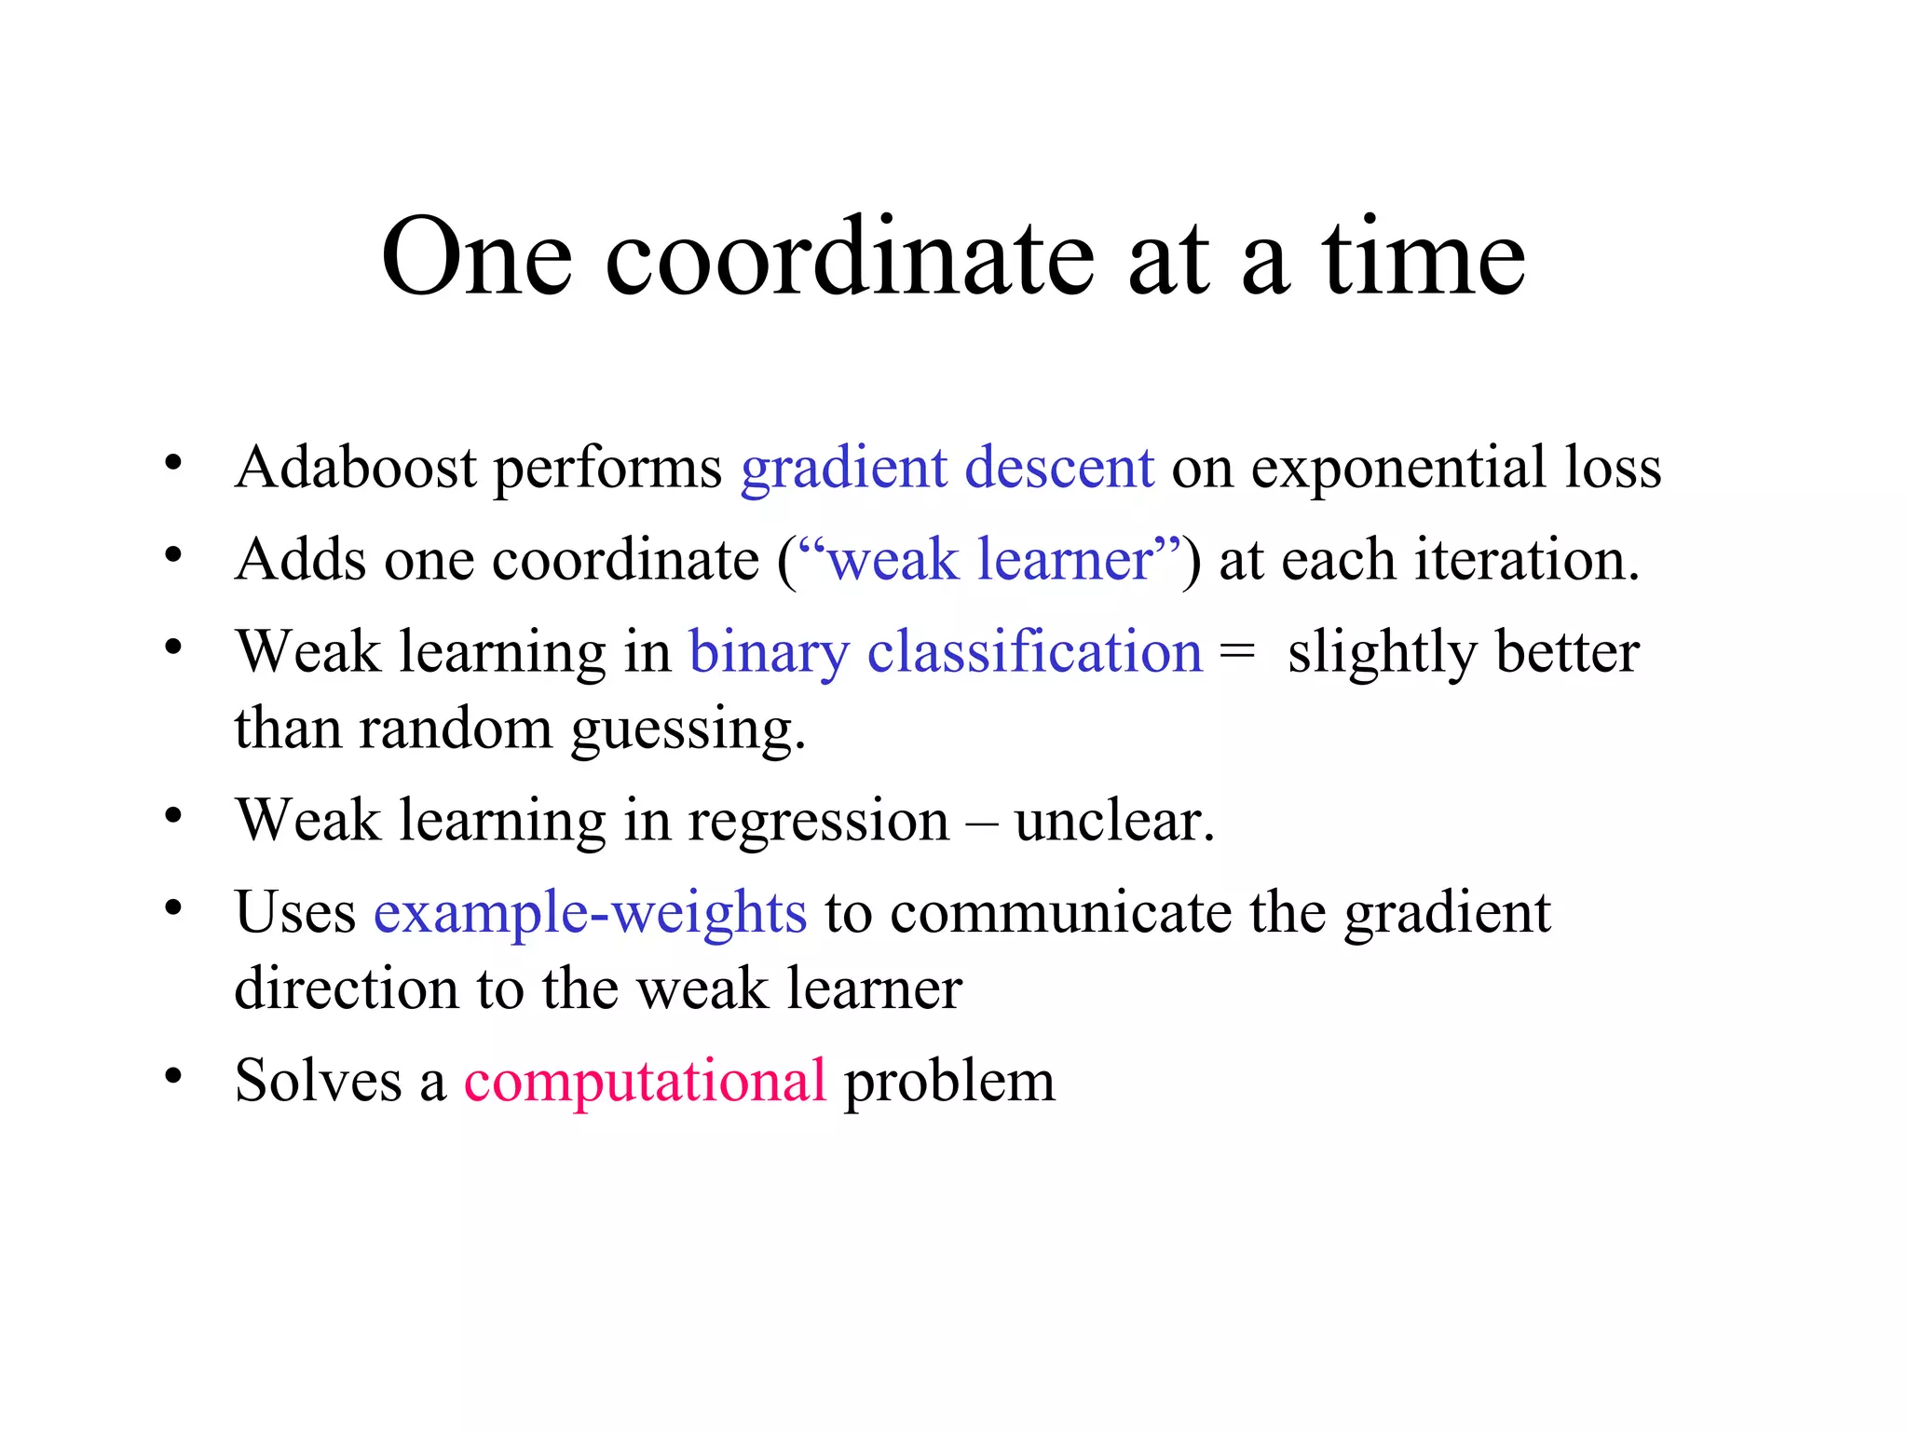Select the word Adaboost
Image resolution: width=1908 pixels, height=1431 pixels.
(356, 467)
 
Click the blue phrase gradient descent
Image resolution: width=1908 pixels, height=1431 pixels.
(947, 468)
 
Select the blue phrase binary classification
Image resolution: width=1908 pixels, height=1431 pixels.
(946, 651)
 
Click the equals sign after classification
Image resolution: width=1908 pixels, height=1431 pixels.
(1237, 651)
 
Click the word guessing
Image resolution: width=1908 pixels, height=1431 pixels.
(688, 729)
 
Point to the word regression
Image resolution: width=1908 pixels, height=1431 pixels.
(818, 821)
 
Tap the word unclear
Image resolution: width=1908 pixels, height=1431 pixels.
(1114, 821)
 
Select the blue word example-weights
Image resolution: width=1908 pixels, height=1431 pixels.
(590, 912)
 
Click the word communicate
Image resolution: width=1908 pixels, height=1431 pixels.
(1061, 912)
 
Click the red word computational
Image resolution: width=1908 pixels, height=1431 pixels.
(645, 1081)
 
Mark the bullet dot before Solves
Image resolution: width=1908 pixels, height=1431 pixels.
(173, 1076)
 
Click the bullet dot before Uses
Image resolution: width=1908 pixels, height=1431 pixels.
(173, 907)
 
